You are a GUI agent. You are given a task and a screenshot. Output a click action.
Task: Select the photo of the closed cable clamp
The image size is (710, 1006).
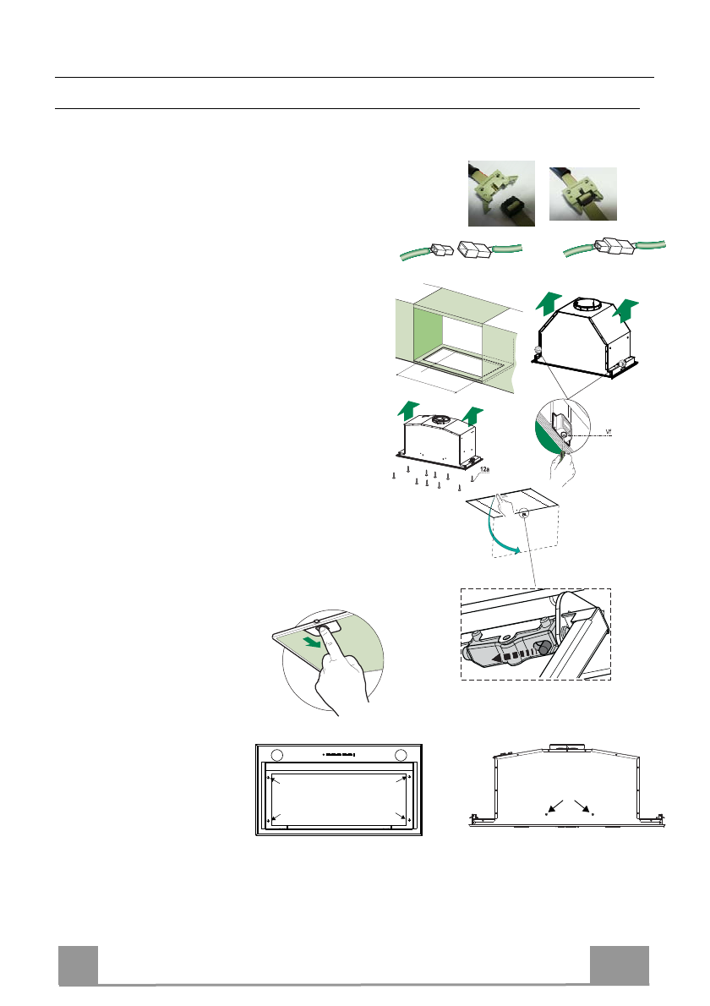583,194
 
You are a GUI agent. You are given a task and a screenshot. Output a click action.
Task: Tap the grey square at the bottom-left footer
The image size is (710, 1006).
78,965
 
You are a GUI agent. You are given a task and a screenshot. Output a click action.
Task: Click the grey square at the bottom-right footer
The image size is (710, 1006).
620,965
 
